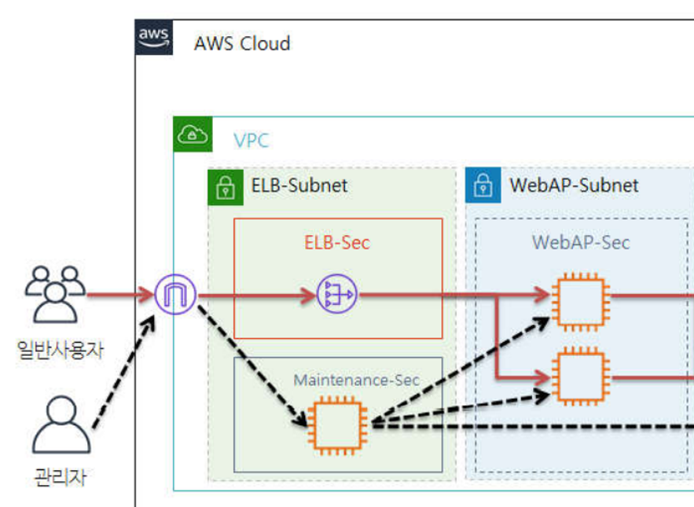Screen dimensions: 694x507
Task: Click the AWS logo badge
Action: pyautogui.click(x=153, y=37)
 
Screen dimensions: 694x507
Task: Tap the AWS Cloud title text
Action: pyautogui.click(x=242, y=43)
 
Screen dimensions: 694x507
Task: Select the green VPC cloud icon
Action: pyautogui.click(x=193, y=134)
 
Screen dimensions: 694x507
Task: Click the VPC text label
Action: pyautogui.click(x=251, y=141)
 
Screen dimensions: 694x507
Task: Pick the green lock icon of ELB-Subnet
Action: pyautogui.click(x=226, y=187)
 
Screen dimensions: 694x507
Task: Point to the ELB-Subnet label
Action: pyautogui.click(x=299, y=185)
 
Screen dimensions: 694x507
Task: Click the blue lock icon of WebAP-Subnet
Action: pyautogui.click(x=483, y=185)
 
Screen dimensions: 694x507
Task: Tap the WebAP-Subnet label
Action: pyautogui.click(x=574, y=185)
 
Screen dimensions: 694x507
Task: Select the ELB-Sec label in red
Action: pyautogui.click(x=337, y=243)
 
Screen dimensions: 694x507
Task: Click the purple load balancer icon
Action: pyautogui.click(x=337, y=294)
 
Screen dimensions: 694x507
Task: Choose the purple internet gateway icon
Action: pyautogui.click(x=175, y=295)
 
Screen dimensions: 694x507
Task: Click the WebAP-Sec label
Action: pyautogui.click(x=581, y=243)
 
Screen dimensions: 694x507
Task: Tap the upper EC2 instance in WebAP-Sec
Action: pyautogui.click(x=581, y=302)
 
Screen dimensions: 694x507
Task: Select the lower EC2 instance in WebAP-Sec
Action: pyautogui.click(x=581, y=377)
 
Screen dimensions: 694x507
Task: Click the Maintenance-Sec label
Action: pyautogui.click(x=356, y=380)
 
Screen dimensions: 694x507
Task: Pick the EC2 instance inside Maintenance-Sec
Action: pyautogui.click(x=337, y=425)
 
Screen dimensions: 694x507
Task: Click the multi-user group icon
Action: pyautogui.click(x=55, y=295)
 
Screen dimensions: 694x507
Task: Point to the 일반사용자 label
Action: pyautogui.click(x=61, y=350)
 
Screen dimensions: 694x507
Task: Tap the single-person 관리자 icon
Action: pyautogui.click(x=61, y=424)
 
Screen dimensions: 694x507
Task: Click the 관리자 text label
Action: pyautogui.click(x=61, y=477)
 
